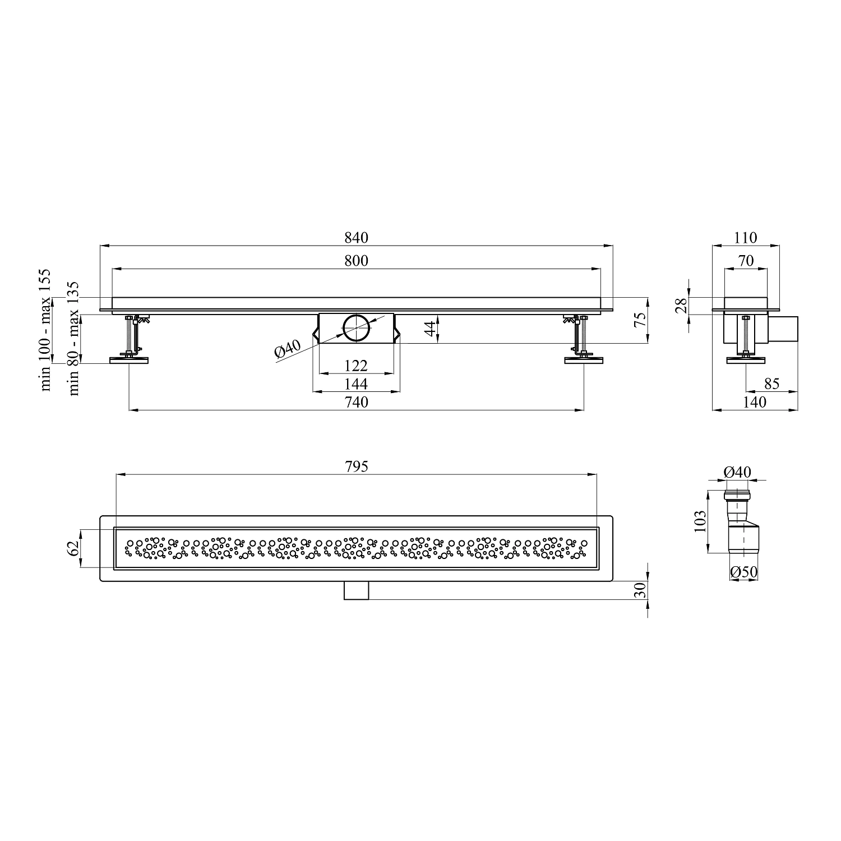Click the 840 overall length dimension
[357, 238]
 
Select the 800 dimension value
[357, 261]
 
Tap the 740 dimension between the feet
[357, 402]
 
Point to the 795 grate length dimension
[357, 466]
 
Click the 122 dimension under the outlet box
[356, 366]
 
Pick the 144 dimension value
[356, 383]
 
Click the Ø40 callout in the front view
[288, 350]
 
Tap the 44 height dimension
[430, 329]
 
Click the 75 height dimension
[640, 320]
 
